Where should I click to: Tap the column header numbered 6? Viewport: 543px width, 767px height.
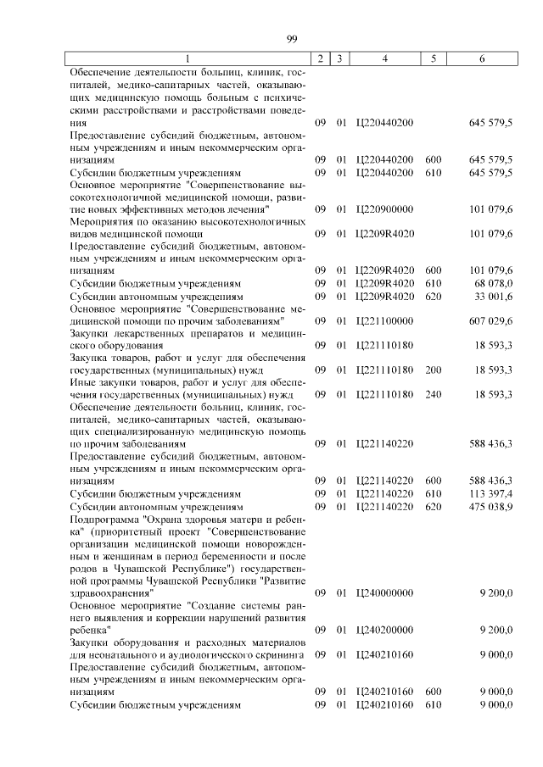482,58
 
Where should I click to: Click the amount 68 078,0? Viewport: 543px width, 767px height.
490,283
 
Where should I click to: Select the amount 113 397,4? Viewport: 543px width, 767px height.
490,493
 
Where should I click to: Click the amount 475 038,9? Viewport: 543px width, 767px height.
490,506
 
